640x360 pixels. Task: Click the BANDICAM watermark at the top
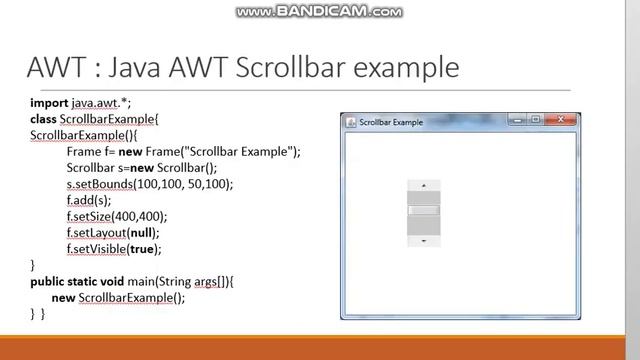click(x=320, y=12)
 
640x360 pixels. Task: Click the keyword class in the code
click(x=42, y=119)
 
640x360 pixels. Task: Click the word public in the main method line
click(x=49, y=282)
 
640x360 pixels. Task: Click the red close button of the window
click(x=561, y=121)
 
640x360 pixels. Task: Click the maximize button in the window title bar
click(x=536, y=121)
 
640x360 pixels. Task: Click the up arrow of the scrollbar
click(x=424, y=185)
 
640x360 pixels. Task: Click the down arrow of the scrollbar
click(x=424, y=240)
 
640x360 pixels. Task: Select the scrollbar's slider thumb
click(x=424, y=210)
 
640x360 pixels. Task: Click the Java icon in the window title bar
click(x=351, y=122)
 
